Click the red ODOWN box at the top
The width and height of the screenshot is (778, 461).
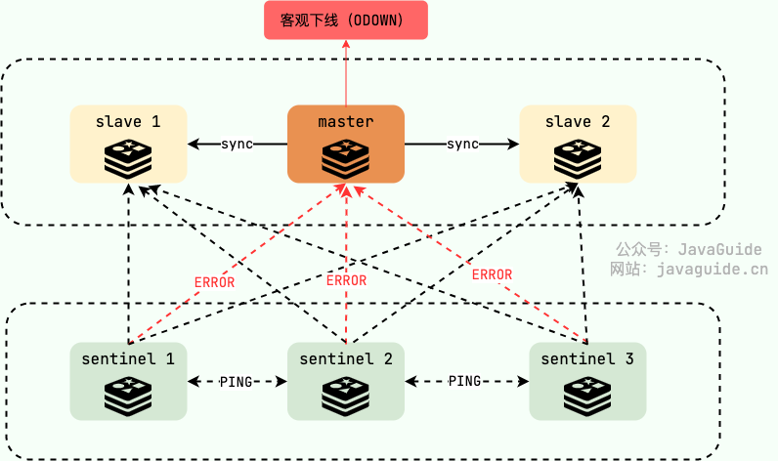pyautogui.click(x=346, y=21)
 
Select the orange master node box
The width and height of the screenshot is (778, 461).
pyautogui.click(x=346, y=144)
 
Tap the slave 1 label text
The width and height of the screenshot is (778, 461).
pyautogui.click(x=128, y=122)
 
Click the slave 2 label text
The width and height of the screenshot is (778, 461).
pyautogui.click(x=577, y=122)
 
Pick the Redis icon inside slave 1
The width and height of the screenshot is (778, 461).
pyautogui.click(x=128, y=157)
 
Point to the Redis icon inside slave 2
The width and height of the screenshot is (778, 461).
pyautogui.click(x=577, y=157)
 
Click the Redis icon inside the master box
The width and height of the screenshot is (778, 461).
pyautogui.click(x=346, y=157)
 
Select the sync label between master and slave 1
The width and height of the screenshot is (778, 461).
pyautogui.click(x=237, y=145)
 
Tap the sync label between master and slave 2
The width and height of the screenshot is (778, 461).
pyautogui.click(x=462, y=145)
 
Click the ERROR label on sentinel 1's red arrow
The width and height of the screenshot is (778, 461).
pyautogui.click(x=214, y=281)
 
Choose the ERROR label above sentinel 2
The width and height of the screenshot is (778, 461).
pyautogui.click(x=346, y=280)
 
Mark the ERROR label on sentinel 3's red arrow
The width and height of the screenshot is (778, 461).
pyautogui.click(x=492, y=274)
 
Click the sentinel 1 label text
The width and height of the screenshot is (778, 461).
pyautogui.click(x=128, y=359)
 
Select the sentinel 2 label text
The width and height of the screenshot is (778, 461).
pyautogui.click(x=346, y=359)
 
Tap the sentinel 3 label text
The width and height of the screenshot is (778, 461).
pyautogui.click(x=586, y=359)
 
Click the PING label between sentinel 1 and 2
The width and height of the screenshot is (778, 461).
pyautogui.click(x=238, y=382)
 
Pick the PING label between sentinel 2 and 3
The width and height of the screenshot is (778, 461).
pyautogui.click(x=465, y=381)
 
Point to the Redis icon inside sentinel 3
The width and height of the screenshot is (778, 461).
pyautogui.click(x=586, y=395)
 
